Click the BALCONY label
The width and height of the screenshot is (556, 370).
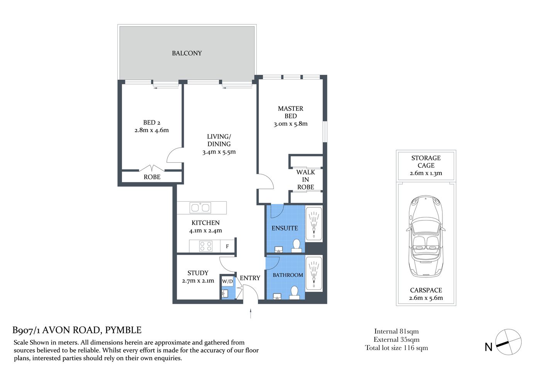(187, 53)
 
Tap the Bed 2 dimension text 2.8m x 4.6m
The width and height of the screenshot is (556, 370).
(151, 130)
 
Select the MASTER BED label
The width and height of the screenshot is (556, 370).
(290, 112)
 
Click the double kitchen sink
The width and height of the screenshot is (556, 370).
(200, 208)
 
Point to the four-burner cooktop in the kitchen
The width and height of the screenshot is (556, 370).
(206, 246)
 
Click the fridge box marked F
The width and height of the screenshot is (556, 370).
(227, 246)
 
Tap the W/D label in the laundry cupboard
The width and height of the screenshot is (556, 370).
(227, 281)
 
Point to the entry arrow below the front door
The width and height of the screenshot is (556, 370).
(251, 313)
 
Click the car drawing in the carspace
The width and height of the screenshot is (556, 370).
(425, 236)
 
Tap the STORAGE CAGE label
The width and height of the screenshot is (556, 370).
(426, 161)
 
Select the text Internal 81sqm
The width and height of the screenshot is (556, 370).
(396, 331)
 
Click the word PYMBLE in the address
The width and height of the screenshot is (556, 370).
(123, 330)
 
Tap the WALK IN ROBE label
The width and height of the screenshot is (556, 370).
(305, 180)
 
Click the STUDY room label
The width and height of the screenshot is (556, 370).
(198, 273)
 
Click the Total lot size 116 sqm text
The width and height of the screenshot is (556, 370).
(396, 348)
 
